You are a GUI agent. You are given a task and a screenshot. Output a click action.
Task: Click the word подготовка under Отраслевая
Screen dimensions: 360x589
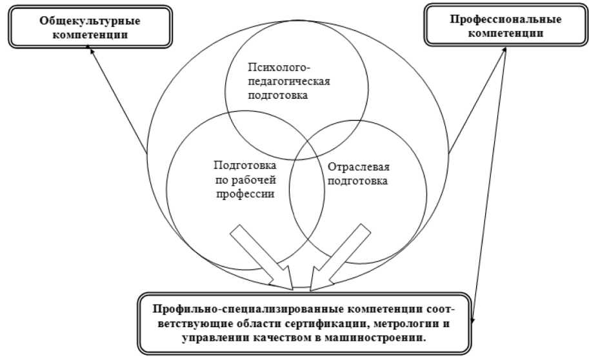tap(358, 181)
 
